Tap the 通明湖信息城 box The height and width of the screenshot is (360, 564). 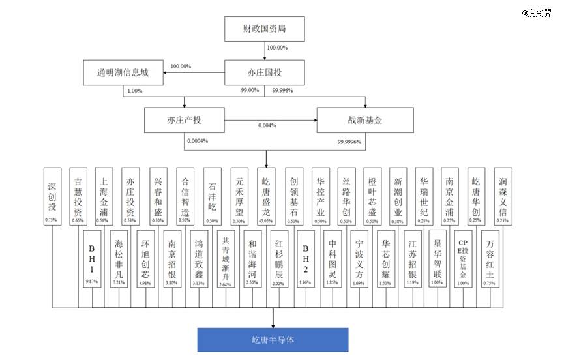[122, 72]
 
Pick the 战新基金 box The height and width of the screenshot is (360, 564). [365, 121]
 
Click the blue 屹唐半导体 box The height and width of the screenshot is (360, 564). [273, 339]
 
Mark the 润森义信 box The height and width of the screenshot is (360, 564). [503, 195]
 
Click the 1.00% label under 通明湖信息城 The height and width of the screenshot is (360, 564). [135, 91]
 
